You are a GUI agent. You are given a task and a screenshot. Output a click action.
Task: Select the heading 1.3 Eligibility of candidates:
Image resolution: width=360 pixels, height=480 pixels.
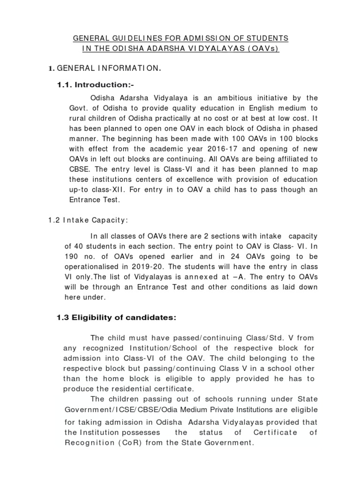116,317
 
